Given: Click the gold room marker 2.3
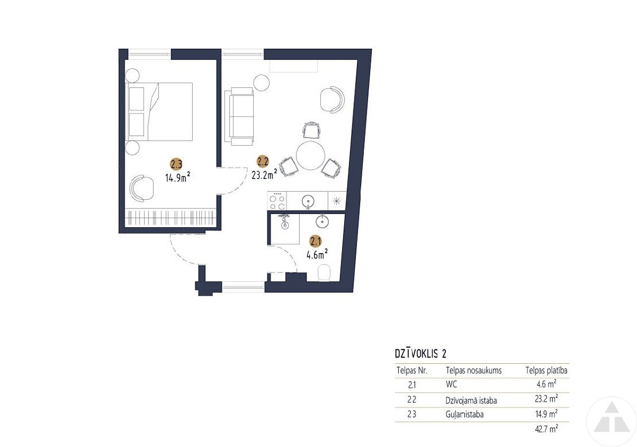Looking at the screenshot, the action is (x=176, y=164).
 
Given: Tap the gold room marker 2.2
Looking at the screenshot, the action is (x=263, y=161).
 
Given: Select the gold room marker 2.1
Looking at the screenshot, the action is (x=316, y=242).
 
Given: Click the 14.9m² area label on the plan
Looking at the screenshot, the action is (x=178, y=177).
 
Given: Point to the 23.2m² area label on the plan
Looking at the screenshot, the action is (x=265, y=174).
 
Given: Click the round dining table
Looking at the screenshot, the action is (x=310, y=156).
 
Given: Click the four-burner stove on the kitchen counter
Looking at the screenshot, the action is (x=277, y=201).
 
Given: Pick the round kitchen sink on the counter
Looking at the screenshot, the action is (x=308, y=201).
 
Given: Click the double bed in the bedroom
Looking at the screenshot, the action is (x=160, y=112).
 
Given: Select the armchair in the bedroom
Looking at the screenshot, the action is (x=142, y=188).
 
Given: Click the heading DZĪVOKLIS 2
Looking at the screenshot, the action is (x=421, y=353).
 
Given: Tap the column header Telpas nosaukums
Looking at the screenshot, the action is (x=473, y=371).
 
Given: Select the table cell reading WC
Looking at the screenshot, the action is (x=451, y=384).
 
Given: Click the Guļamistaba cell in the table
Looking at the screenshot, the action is (x=465, y=415).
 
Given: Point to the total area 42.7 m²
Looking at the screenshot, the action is (x=547, y=428).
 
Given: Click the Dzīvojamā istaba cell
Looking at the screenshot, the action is (x=471, y=401).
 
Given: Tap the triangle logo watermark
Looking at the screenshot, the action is (x=611, y=418).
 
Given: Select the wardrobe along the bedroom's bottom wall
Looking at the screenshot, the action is (x=170, y=218).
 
